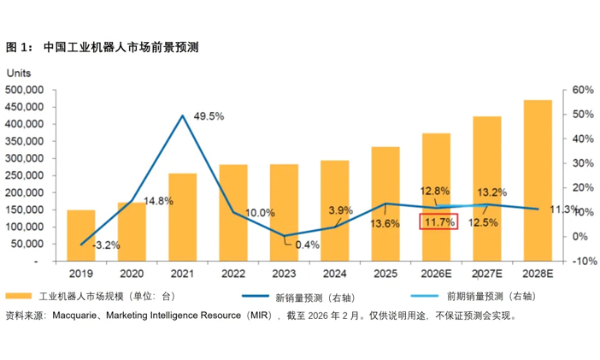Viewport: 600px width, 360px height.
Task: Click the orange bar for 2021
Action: [182, 217]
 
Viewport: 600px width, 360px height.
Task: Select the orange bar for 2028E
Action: [538, 180]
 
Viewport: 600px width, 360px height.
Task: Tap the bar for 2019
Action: [81, 235]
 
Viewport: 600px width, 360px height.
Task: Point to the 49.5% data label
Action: [209, 115]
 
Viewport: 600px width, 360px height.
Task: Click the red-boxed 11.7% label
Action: [438, 222]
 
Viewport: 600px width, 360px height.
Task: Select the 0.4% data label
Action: [305, 245]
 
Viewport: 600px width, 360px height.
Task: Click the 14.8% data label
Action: [158, 201]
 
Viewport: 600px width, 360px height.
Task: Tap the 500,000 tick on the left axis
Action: [25, 90]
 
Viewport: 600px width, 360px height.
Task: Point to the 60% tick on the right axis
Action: [583, 90]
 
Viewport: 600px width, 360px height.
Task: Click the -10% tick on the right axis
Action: [583, 261]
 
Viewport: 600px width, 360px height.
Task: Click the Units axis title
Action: [19, 74]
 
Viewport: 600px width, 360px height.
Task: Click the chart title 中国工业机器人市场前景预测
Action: [121, 47]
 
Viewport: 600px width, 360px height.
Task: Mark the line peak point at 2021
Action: [182, 115]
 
